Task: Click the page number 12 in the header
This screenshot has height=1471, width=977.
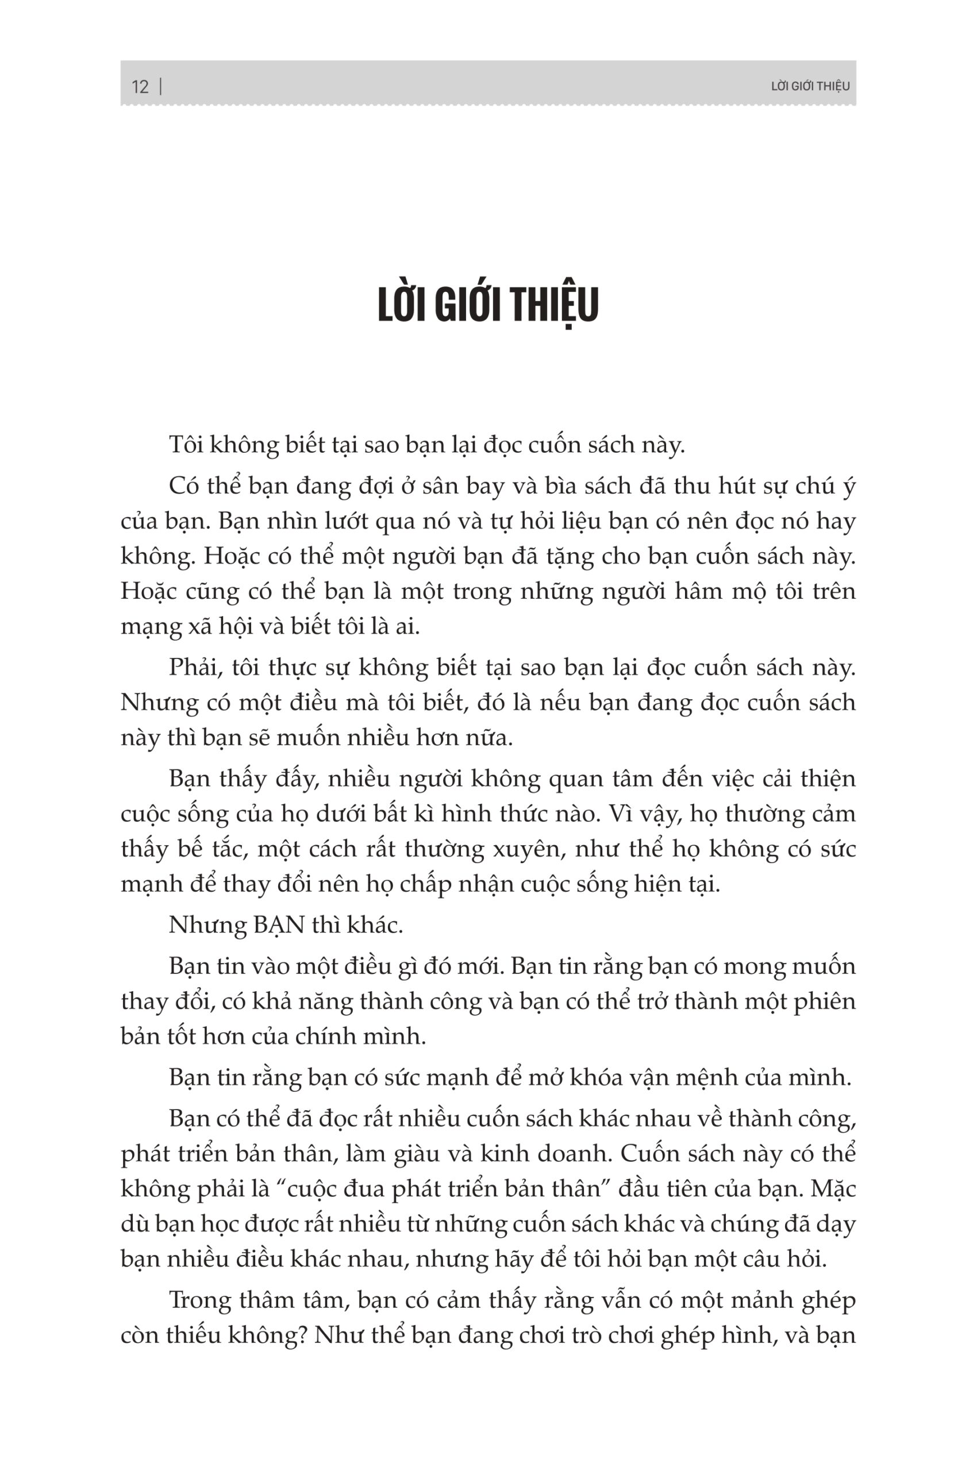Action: point(140,87)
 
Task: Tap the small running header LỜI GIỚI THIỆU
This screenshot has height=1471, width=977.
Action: point(810,87)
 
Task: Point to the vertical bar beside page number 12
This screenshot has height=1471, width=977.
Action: point(161,86)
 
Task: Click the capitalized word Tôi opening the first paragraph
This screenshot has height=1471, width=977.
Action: point(185,445)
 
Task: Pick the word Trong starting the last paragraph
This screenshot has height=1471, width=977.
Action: point(199,1300)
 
